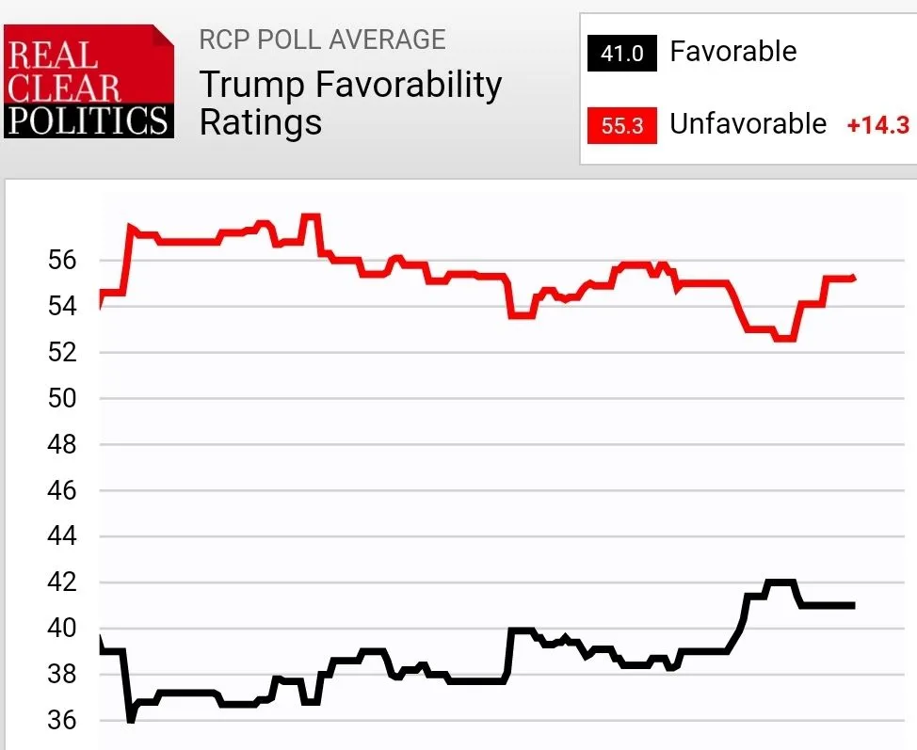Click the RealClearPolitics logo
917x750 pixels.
coord(88,81)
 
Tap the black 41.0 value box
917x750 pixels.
coord(621,53)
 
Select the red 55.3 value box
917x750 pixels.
coord(621,125)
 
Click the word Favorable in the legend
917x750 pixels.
coord(732,52)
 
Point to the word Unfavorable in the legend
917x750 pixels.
coord(748,124)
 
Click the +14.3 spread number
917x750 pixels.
coord(877,125)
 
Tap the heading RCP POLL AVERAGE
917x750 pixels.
coord(322,40)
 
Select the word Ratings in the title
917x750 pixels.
coord(260,122)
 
